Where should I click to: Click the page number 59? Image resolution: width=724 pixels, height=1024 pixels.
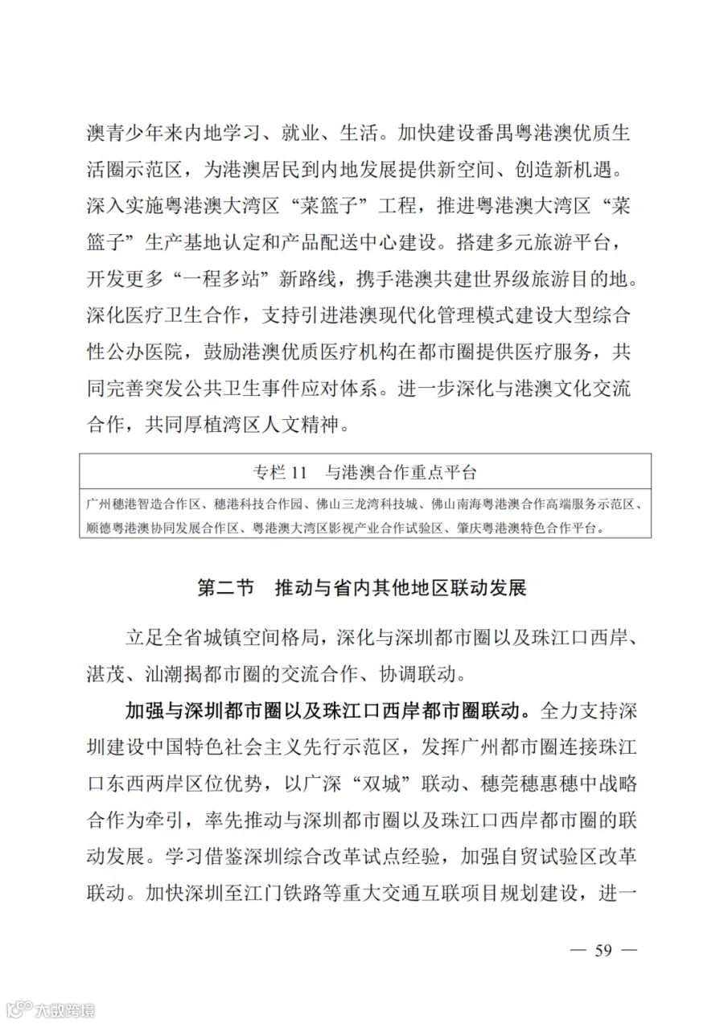(603, 950)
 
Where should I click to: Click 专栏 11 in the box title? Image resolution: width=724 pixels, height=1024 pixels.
(280, 471)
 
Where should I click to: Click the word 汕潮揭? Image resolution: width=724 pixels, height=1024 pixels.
(171, 670)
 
